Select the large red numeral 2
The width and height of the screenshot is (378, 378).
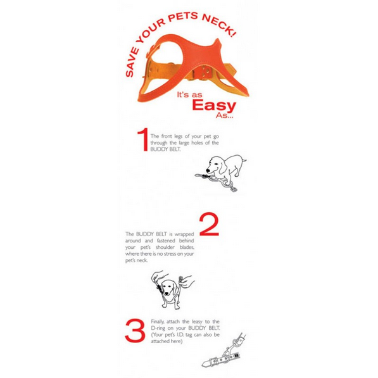tap(209, 224)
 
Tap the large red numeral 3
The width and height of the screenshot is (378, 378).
tap(135, 331)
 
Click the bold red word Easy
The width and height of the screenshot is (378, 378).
tap(214, 105)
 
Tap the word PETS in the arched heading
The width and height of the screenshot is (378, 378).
tap(183, 16)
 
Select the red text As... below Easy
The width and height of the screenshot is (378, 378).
tap(225, 115)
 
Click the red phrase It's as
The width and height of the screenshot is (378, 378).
tap(189, 95)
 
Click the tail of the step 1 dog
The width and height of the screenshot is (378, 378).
tap(244, 160)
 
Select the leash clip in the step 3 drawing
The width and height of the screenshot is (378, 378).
tap(227, 352)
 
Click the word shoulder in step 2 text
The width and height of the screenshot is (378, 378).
tap(166, 248)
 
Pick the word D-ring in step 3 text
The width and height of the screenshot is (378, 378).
tap(158, 328)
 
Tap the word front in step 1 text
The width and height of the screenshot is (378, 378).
tap(167, 136)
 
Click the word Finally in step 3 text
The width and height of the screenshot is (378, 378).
tap(158, 322)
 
